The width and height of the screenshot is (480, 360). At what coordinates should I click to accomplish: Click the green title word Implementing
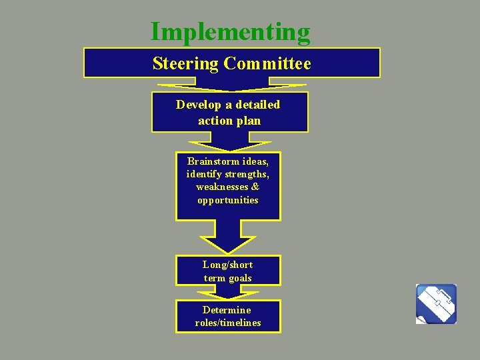(230, 32)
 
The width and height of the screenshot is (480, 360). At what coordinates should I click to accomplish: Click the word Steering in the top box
(185, 63)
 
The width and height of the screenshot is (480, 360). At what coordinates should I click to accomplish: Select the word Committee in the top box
(267, 63)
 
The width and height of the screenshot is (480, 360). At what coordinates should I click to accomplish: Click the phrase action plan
(229, 121)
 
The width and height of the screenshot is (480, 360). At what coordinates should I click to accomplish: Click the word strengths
(245, 175)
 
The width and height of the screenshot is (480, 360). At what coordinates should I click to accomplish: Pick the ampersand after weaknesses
(255, 187)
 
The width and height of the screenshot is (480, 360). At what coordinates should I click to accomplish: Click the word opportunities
(228, 200)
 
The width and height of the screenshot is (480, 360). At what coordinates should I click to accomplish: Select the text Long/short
(228, 265)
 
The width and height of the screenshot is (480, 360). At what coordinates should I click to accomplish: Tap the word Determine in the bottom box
(227, 310)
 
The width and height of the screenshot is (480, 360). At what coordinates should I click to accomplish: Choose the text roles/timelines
(228, 323)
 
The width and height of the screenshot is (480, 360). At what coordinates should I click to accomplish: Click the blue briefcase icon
(436, 304)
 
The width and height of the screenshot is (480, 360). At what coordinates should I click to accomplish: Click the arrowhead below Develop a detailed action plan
(229, 143)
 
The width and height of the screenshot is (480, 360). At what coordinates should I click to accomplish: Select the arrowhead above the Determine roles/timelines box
(228, 293)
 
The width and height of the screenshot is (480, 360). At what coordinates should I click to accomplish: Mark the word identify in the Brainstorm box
(206, 175)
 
